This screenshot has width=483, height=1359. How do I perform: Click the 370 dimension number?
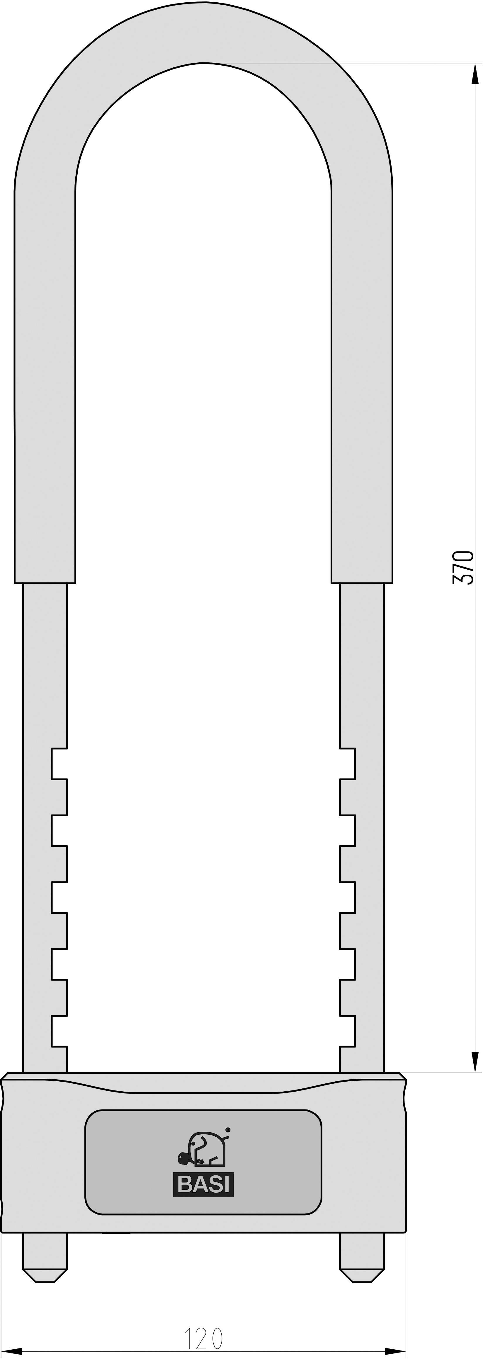463,567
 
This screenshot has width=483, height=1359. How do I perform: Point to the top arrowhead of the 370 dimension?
475,74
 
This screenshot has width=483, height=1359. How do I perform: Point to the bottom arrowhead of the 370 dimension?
475,1061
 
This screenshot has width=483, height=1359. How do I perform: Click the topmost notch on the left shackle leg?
59,763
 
